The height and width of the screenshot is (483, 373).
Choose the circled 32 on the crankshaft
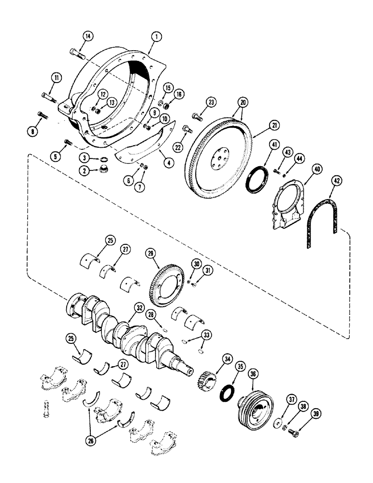[x=140, y=307]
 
